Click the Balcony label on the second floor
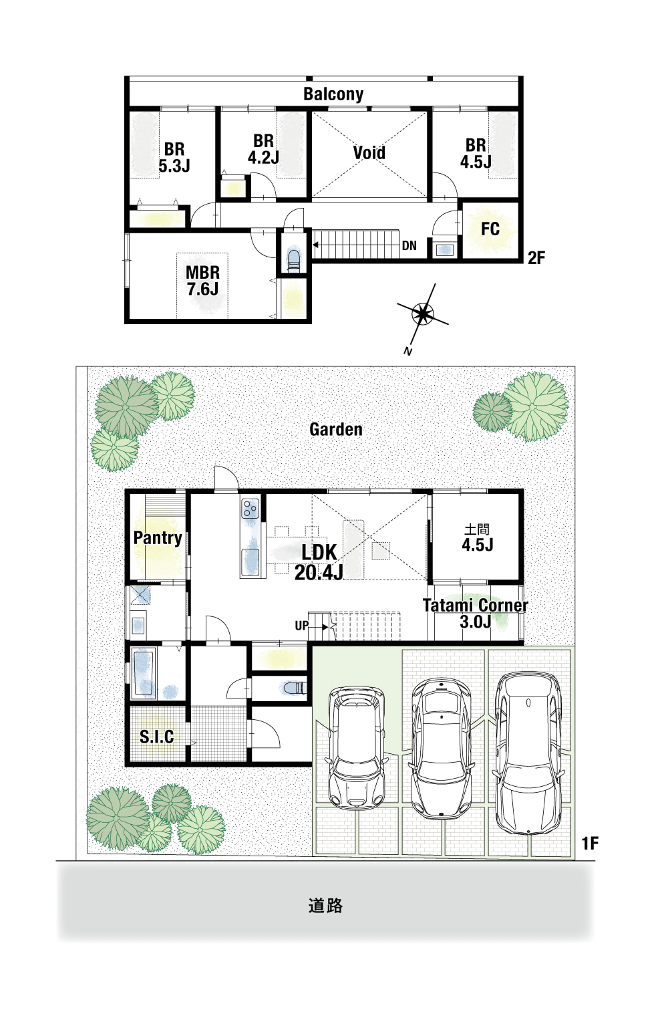tap(333, 94)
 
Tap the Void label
tap(369, 152)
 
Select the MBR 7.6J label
tap(202, 281)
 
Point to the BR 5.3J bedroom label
tap(174, 157)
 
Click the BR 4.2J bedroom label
tap(263, 149)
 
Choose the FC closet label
tap(490, 229)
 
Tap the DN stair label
tap(409, 246)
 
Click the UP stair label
tap(302, 626)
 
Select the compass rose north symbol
tap(422, 313)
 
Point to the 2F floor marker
tap(536, 258)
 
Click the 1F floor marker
tap(590, 843)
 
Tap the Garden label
tap(335, 429)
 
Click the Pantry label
tap(158, 538)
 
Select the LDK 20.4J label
tap(319, 561)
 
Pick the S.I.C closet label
tap(156, 737)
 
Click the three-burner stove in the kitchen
tap(250, 509)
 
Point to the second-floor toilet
tap(293, 259)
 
